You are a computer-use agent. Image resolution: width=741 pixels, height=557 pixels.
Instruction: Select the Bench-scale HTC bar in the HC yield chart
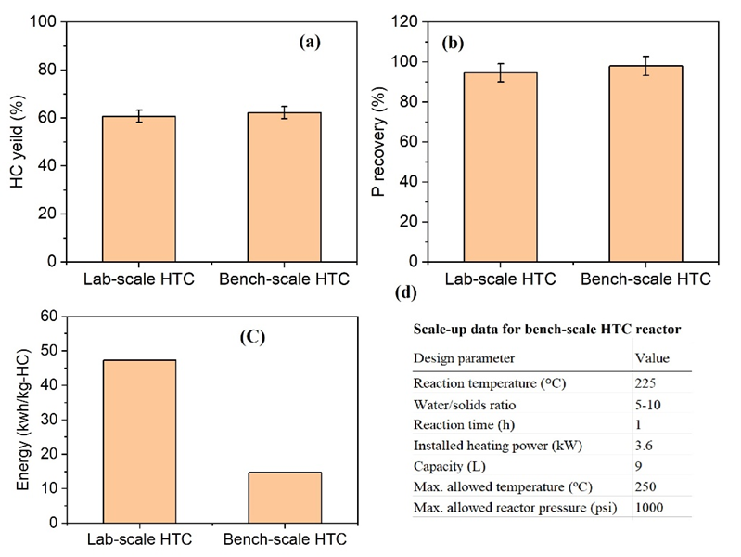(284, 187)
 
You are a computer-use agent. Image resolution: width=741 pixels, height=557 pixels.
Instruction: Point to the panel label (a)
(311, 41)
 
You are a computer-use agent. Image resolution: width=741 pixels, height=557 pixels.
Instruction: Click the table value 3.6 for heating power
(644, 446)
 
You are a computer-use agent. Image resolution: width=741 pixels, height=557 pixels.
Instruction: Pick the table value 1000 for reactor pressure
(650, 507)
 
